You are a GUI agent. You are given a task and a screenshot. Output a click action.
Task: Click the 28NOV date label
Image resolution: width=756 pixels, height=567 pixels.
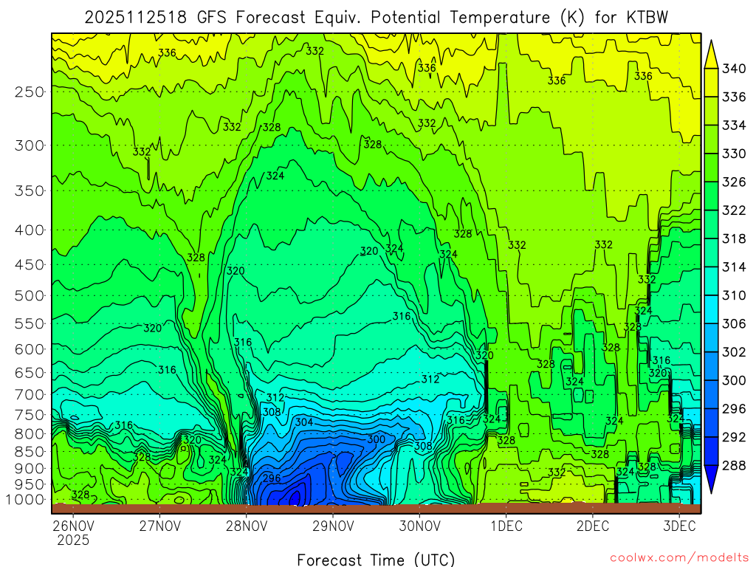[x=247, y=526]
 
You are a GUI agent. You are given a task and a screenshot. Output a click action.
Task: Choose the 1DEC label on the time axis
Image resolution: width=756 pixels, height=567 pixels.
[x=506, y=526]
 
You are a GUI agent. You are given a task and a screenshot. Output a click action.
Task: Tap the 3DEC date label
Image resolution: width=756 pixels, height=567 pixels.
[x=678, y=526]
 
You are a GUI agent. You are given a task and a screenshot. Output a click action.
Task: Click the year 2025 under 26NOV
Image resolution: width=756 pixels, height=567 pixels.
[x=73, y=540]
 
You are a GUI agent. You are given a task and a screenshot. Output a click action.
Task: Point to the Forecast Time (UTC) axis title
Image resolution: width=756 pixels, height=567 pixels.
[x=376, y=559]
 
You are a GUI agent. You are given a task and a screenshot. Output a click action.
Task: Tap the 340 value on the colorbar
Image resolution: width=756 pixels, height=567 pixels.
[x=734, y=69]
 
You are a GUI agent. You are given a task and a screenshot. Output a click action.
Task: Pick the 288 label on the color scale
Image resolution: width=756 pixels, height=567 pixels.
[x=734, y=465]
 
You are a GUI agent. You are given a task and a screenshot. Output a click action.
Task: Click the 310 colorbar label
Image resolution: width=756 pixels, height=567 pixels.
[x=734, y=295]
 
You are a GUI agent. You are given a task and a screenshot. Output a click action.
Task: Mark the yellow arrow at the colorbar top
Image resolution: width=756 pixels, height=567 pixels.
[x=712, y=53]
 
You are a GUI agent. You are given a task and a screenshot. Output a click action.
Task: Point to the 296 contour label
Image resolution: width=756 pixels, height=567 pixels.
[x=272, y=478]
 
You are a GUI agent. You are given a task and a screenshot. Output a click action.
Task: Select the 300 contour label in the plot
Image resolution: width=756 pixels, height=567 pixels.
[x=376, y=439]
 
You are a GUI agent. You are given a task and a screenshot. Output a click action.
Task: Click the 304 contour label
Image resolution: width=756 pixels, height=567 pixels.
[x=304, y=422]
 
